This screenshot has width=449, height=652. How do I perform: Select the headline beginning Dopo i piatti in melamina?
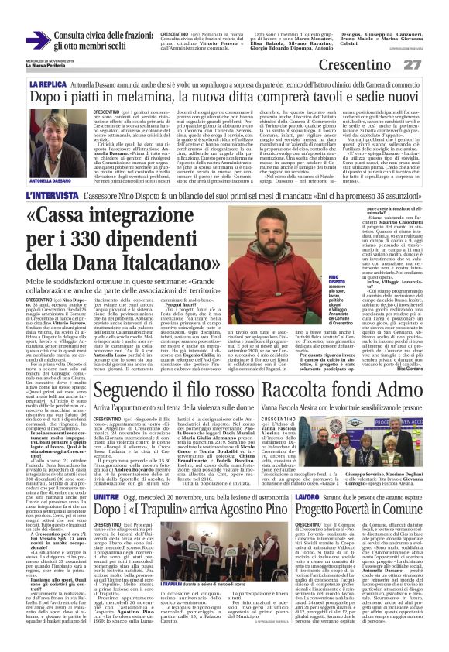click(224, 97)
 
